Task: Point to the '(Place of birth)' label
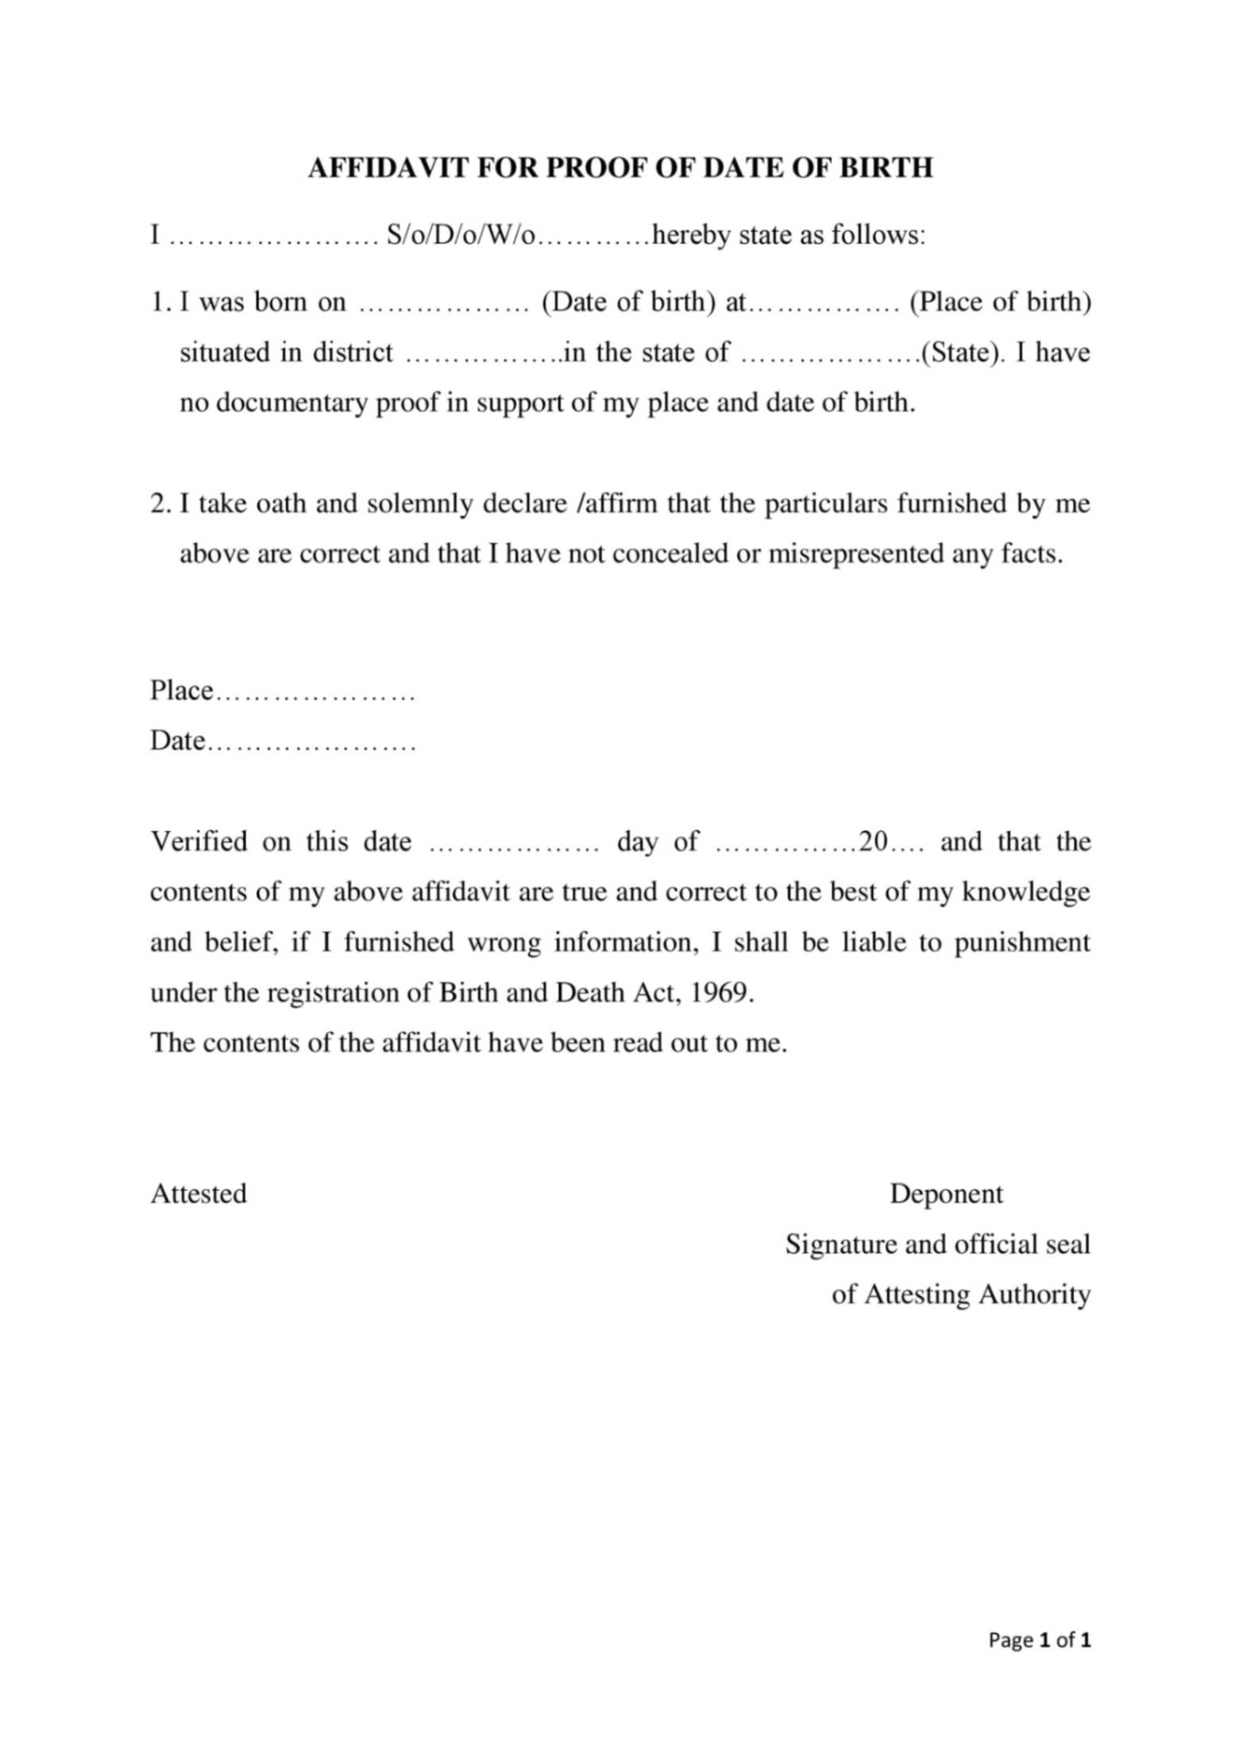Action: [1000, 302]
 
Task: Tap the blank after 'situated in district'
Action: [481, 353]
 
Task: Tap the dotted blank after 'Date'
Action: [311, 742]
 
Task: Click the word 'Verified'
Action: [199, 841]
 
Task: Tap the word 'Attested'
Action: [199, 1194]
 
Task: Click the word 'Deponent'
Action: [946, 1194]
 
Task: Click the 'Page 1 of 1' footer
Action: [1040, 1640]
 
